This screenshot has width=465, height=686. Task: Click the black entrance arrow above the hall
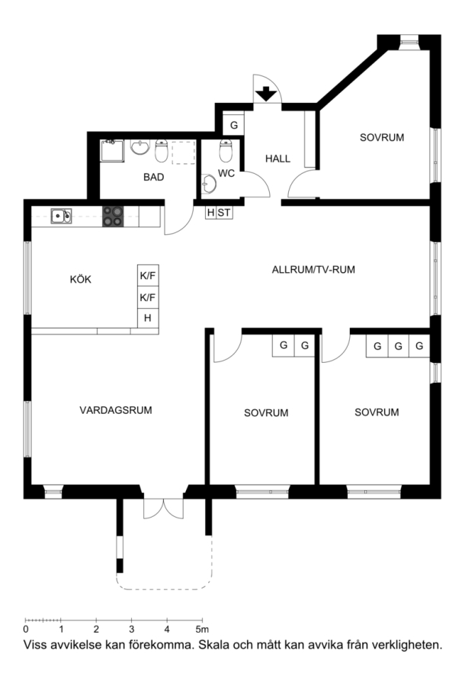coord(266,94)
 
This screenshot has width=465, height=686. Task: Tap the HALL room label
coord(277,159)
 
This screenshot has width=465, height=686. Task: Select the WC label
coord(226,174)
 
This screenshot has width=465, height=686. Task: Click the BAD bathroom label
coord(153,177)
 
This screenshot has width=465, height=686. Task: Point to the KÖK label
coord(81,279)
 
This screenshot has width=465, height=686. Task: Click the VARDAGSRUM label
coord(115,410)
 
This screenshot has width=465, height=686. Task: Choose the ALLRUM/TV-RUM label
coord(313,270)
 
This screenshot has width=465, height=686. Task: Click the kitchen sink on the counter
coord(61,216)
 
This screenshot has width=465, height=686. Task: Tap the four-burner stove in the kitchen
coord(113,216)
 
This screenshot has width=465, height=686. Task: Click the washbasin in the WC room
coord(209,184)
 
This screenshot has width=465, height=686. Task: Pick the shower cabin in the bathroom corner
coord(112,150)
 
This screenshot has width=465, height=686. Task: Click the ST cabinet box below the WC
coord(224,213)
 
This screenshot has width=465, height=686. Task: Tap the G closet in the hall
coord(233,125)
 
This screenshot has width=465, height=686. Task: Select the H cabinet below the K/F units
coord(148,318)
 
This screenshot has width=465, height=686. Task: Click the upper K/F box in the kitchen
coord(148,276)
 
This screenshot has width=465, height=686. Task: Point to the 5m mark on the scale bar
coord(202,629)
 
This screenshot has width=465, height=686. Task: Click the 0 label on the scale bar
coord(26,629)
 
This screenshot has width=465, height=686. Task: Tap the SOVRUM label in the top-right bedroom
coord(382,137)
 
